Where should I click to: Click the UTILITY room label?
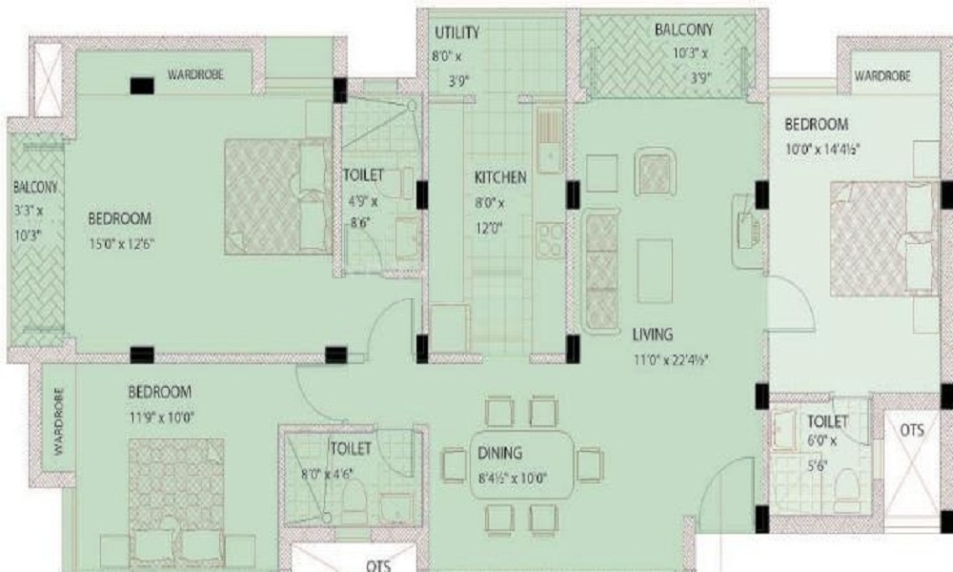tap(457, 32)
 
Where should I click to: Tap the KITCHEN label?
tap(500, 177)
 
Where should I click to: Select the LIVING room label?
tap(653, 335)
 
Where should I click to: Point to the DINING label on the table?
tap(499, 453)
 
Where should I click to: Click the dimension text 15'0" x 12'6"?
tap(122, 244)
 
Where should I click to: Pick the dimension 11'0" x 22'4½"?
tap(672, 359)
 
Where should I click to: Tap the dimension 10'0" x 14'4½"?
tap(822, 149)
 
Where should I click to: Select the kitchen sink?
tap(549, 141)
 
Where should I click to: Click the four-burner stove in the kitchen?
tap(550, 239)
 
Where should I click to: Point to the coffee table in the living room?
tap(655, 271)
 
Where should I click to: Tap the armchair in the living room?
tap(654, 174)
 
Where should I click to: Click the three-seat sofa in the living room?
tap(600, 270)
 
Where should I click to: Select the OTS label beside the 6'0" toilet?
tap(912, 430)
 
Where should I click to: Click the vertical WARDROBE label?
tap(58, 422)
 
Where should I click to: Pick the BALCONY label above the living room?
tap(683, 30)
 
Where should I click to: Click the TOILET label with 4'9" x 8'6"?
tap(363, 175)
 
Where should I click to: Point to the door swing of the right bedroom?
tap(791, 303)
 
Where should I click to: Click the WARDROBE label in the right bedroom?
tap(882, 76)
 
